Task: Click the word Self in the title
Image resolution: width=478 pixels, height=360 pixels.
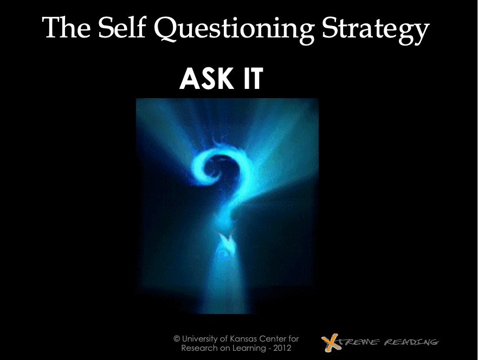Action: [121, 28]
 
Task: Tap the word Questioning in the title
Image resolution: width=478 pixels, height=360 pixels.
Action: [234, 30]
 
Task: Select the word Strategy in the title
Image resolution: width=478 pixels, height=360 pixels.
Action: [376, 30]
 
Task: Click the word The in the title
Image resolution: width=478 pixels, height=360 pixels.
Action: [67, 28]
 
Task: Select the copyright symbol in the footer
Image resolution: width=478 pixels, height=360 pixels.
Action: [177, 339]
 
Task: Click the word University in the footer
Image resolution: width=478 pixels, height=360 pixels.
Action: [199, 339]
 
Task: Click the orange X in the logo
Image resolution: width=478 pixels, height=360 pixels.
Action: [331, 342]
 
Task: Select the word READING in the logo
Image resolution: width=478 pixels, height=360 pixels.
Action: [411, 342]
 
